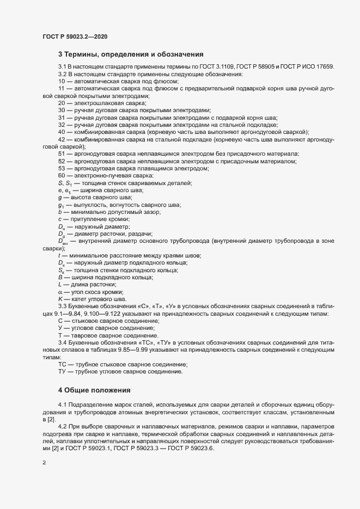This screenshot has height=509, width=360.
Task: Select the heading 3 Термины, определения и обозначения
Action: click(131, 54)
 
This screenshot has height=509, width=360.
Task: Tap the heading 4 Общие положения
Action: click(95, 390)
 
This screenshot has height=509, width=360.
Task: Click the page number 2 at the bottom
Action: click(44, 463)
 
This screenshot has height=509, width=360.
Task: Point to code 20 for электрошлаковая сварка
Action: click(62, 102)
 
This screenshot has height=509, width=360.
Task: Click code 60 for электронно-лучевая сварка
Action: click(62, 176)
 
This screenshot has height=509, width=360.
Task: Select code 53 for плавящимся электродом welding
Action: click(62, 169)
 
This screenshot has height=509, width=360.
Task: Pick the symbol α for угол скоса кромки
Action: click(60, 292)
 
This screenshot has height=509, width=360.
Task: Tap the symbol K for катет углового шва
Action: click(60, 299)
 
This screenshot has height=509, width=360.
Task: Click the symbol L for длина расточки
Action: click(60, 285)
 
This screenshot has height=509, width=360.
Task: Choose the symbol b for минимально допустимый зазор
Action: click(60, 211)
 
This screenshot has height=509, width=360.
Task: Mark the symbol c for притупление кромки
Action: click(60, 219)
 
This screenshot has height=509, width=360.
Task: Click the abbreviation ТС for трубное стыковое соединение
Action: click(62, 364)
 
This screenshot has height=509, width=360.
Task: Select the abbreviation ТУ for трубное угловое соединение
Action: click(62, 372)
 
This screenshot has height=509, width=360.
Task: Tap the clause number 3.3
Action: click(63, 307)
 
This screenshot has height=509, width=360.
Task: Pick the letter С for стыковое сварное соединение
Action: click(60, 322)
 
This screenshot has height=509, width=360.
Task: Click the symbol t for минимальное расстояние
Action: click(59, 255)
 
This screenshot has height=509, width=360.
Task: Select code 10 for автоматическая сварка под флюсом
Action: click(62, 81)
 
